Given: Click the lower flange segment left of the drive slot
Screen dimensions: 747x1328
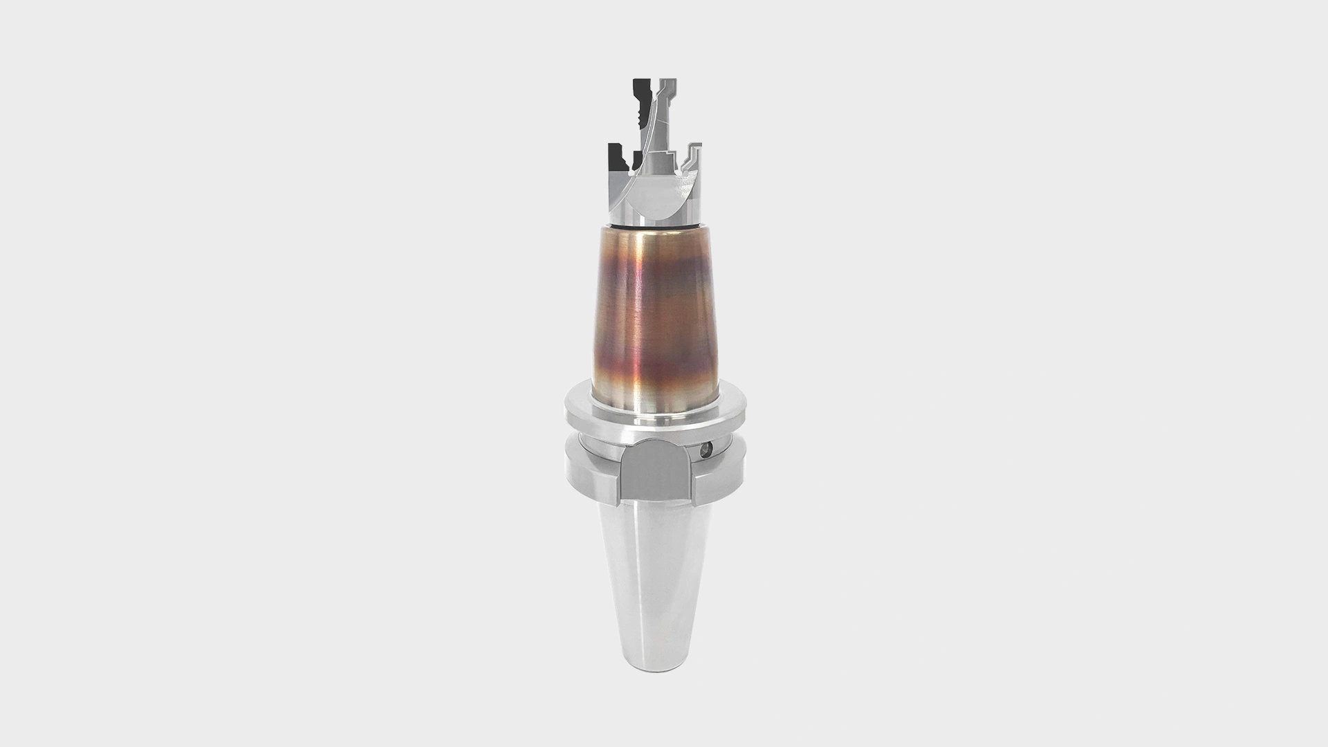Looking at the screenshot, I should pyautogui.click(x=591, y=474).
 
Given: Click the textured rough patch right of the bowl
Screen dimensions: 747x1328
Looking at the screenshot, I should pyautogui.click(x=685, y=187).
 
